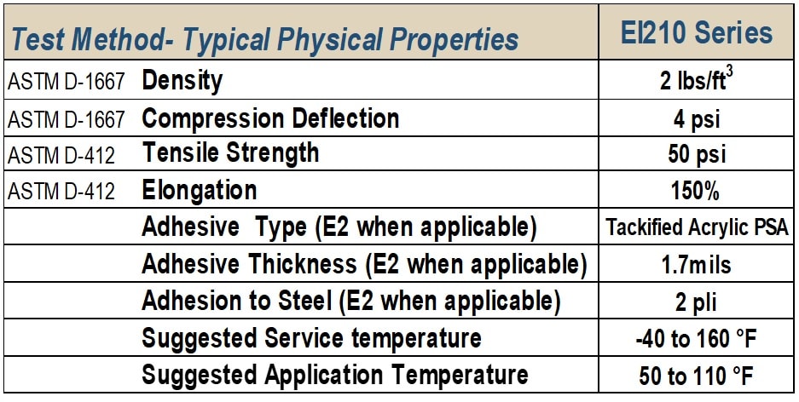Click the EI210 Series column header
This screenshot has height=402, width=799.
point(696,33)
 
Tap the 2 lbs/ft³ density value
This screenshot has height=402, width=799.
point(696,80)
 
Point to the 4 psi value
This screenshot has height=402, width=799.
point(696,118)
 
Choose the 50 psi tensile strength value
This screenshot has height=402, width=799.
point(696,154)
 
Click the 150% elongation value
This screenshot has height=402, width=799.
point(695,192)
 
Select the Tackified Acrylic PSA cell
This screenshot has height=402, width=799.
point(697,227)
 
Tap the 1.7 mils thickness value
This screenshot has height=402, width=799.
point(696,265)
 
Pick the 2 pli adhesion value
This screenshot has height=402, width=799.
point(696,302)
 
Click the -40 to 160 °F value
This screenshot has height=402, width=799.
point(696,339)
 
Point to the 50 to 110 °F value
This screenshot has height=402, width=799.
point(696,376)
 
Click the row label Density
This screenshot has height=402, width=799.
point(182,81)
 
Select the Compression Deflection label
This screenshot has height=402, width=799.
point(270,118)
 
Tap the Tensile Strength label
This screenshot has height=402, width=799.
point(230,153)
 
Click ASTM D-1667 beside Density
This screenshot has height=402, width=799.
point(67,82)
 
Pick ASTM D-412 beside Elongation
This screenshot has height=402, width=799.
point(61,192)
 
